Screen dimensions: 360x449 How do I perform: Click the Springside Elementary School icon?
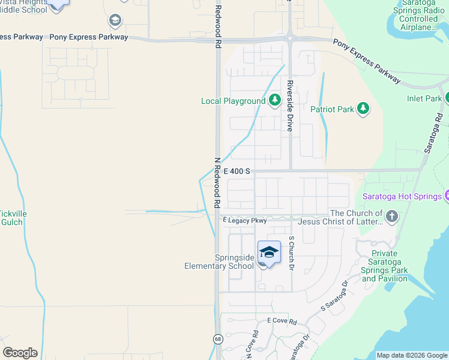(269, 252)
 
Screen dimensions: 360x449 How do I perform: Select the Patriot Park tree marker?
(363, 109)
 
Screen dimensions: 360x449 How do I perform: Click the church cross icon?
(391, 216)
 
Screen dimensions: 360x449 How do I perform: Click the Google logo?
(20, 353)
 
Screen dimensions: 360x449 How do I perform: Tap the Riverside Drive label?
(289, 106)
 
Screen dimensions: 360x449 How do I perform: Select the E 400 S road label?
(237, 171)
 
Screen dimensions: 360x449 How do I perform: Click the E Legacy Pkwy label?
(245, 221)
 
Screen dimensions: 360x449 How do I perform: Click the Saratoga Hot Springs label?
(401, 196)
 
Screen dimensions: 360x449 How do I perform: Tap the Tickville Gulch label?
(11, 218)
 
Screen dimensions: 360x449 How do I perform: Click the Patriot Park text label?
(332, 109)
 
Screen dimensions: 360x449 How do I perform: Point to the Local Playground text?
(233, 101)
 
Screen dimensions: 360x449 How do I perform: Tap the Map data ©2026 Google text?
(411, 355)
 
